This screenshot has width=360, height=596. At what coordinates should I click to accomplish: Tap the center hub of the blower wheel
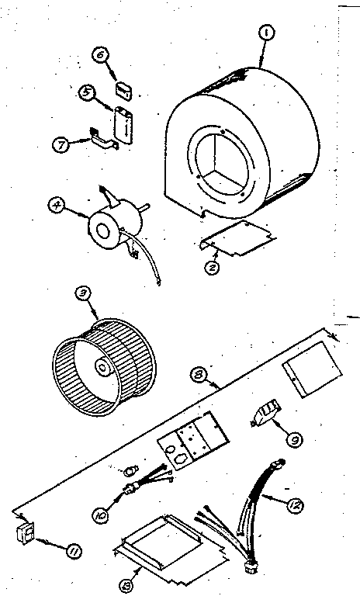tap(102, 366)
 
